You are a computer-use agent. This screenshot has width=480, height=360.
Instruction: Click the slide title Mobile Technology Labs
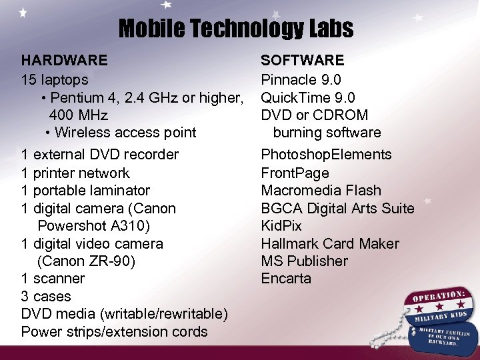(236, 29)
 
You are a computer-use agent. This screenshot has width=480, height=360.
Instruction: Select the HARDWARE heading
(64, 61)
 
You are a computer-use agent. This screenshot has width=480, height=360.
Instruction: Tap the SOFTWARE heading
(302, 61)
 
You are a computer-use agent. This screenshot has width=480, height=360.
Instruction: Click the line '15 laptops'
(55, 79)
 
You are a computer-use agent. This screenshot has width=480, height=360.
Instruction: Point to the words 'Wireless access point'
(125, 133)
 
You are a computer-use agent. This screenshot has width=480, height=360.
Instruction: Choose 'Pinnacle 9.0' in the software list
(301, 79)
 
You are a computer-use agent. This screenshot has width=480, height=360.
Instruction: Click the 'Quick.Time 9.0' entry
(308, 97)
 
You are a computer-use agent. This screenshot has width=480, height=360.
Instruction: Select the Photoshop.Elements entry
(326, 155)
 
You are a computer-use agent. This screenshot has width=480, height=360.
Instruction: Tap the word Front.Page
(295, 173)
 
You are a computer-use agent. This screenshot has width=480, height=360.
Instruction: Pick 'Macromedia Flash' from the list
(321, 191)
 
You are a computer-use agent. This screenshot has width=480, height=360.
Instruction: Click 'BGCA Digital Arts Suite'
(337, 209)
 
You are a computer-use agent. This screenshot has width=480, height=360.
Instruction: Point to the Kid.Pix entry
(281, 226)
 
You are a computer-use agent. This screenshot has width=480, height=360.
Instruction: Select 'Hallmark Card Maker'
(330, 244)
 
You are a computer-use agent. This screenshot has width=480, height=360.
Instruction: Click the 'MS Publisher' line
(304, 261)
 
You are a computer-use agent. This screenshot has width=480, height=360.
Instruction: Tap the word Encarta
(286, 279)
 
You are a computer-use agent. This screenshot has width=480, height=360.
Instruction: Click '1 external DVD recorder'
(100, 155)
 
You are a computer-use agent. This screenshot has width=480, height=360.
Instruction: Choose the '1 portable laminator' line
(85, 191)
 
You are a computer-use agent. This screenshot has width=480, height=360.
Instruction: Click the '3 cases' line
(46, 297)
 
